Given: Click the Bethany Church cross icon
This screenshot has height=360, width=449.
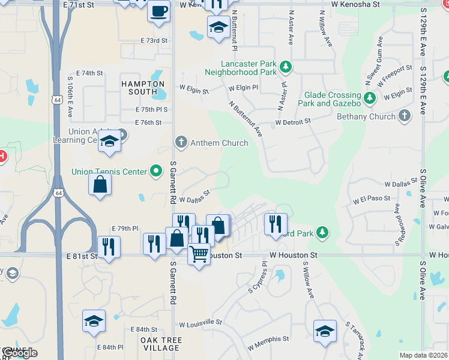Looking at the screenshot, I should coord(405,116).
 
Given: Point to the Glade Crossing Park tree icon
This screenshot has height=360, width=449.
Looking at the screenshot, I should coord(370,96).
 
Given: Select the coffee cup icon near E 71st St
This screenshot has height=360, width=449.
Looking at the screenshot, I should coord(158,11).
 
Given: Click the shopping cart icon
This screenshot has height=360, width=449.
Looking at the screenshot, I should coord(199,253).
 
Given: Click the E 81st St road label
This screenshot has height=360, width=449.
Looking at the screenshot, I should coord(82,256).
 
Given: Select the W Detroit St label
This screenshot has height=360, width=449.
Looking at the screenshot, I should coord(293,121).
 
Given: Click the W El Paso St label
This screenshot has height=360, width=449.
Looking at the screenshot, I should coord(372,198).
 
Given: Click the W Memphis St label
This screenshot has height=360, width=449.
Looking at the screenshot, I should coord(269,344).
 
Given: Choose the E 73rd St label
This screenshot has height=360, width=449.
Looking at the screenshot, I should coord(154,40).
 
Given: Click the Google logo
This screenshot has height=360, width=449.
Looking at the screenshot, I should coord(19,353).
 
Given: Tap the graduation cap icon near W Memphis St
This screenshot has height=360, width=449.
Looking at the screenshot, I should coord(325,331).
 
